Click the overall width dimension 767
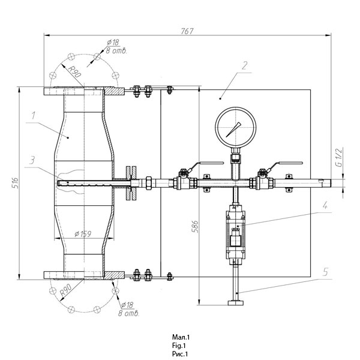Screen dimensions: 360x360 click(x=187, y=31)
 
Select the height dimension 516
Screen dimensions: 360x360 click(x=15, y=183)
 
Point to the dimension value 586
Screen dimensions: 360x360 click(x=195, y=227)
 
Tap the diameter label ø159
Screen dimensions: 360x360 click(x=83, y=234)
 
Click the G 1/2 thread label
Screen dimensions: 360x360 click(x=339, y=157)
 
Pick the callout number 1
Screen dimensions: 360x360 click(x=34, y=115)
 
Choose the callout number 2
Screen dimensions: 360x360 click(x=245, y=65)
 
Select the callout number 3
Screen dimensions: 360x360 click(x=33, y=160)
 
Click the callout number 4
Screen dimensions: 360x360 click(x=325, y=205)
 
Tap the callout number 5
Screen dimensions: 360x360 click(x=325, y=272)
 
